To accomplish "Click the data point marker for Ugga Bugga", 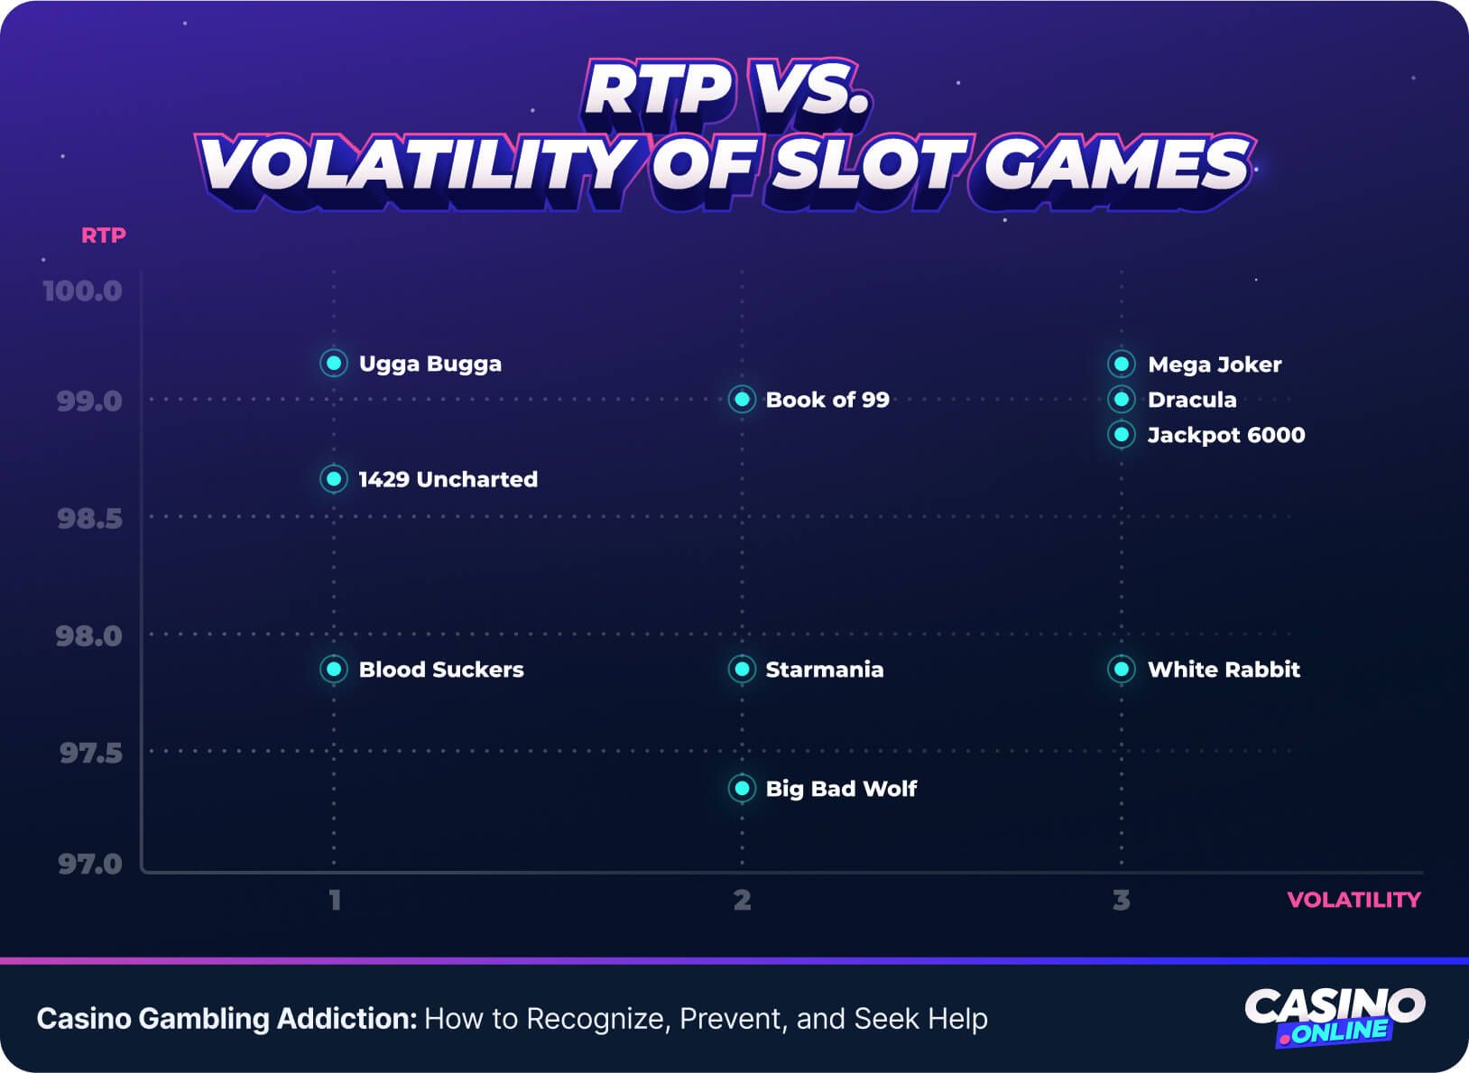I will click(334, 363).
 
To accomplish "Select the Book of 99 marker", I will click(742, 399).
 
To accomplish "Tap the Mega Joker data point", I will click(1122, 364).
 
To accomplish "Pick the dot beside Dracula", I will click(1122, 399).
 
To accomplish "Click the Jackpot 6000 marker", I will click(1122, 435).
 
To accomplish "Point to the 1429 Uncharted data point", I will click(334, 478).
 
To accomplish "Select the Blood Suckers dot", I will click(334, 669).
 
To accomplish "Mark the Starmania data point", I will click(742, 669).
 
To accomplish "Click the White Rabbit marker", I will click(1122, 669).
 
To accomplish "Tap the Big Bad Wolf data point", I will click(742, 788).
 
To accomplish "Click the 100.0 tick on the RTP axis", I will click(82, 291).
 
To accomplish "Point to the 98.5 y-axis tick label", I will click(89, 518).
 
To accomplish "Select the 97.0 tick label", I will click(89, 864).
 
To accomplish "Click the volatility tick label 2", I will click(742, 900).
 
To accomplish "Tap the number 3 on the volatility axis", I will click(1122, 900).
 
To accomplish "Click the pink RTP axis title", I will click(104, 236).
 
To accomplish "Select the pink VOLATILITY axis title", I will click(1354, 900).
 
